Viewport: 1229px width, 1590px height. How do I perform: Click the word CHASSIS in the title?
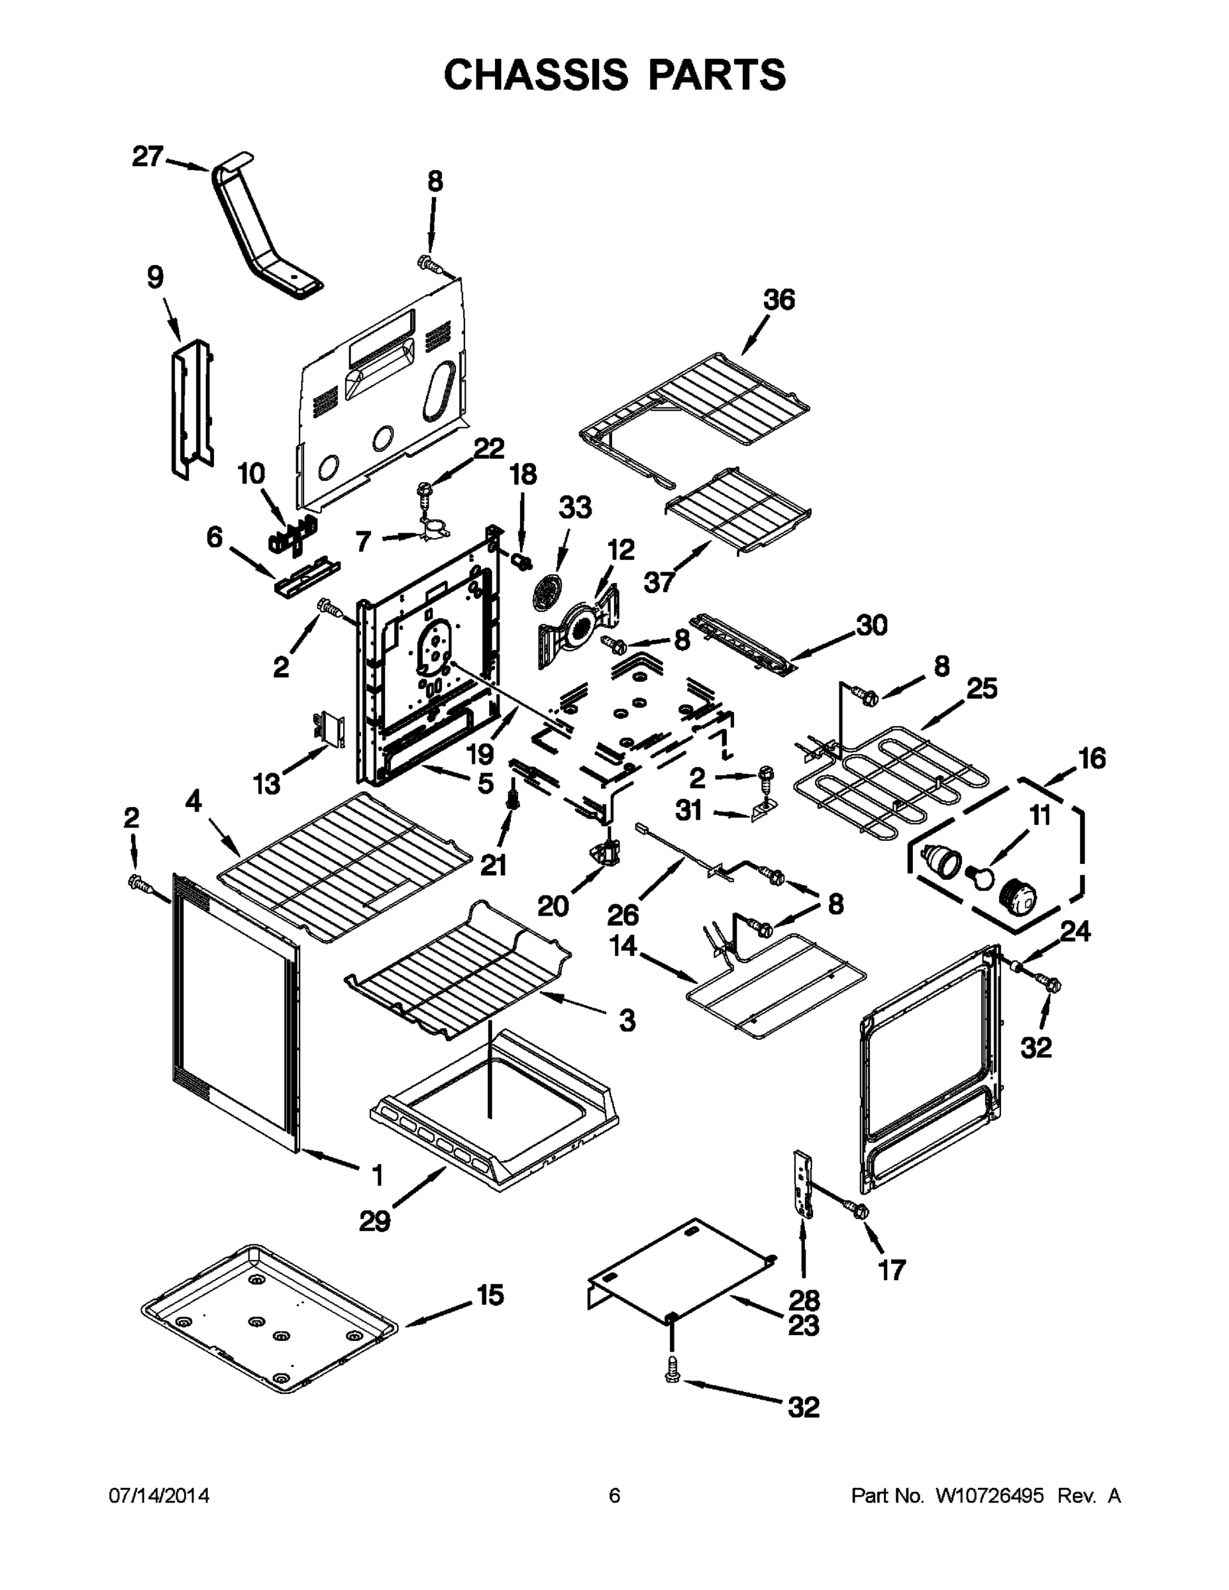(x=535, y=74)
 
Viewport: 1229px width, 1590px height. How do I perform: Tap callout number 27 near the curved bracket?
(x=147, y=156)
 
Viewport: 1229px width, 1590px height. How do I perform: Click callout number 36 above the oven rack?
(x=779, y=300)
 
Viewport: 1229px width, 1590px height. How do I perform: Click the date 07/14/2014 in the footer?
(x=160, y=1495)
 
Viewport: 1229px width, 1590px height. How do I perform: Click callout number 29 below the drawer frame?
(x=374, y=1220)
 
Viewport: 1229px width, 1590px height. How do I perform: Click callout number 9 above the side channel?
(x=155, y=278)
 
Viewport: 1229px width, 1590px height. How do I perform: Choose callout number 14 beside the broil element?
(x=623, y=947)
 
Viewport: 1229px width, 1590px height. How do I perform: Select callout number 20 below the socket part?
(x=553, y=906)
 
